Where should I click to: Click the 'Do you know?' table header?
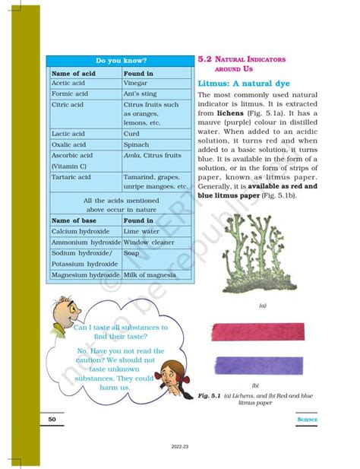pyautogui.click(x=120, y=60)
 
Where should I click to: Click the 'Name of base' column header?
pyautogui.click(x=76, y=220)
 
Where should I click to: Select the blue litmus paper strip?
pyautogui.click(x=259, y=368)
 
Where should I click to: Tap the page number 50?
pyautogui.click(x=52, y=419)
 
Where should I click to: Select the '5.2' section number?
pyautogui.click(x=204, y=58)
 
